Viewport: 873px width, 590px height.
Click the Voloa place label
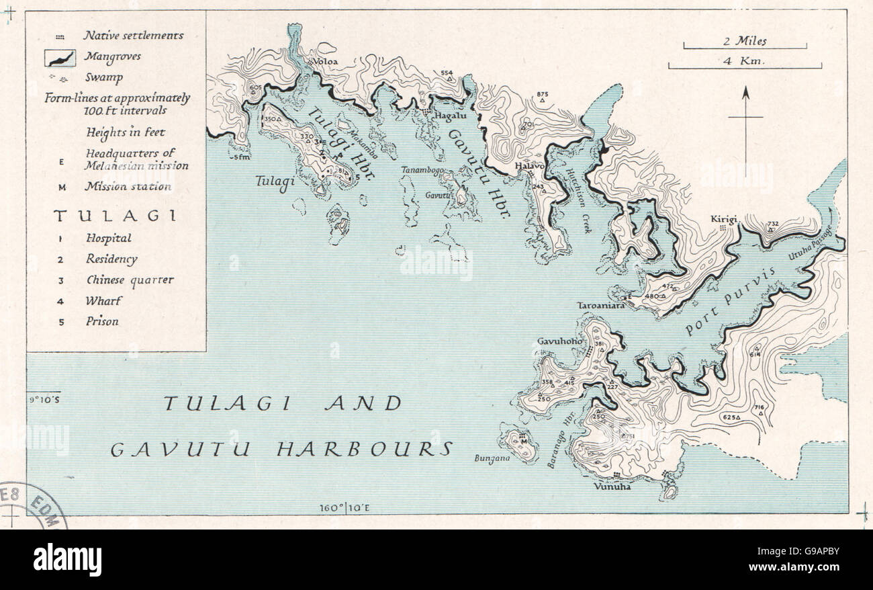324,61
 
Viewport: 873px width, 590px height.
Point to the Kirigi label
725,220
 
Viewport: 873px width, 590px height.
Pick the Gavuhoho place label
559,341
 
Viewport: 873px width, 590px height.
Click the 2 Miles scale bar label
745,41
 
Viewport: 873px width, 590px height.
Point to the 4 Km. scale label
745,60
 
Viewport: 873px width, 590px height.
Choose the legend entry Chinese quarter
130,280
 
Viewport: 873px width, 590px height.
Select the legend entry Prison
102,321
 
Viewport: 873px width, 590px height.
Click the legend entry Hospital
108,238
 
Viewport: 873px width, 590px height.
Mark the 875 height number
543,94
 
